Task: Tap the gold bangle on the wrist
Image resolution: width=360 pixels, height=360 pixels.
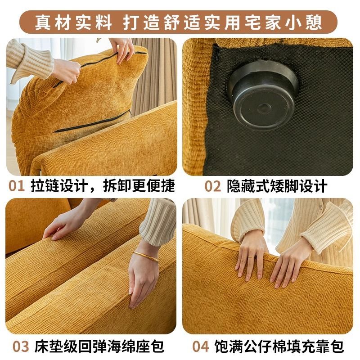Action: [x=146, y=256]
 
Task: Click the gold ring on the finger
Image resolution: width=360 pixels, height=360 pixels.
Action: [x=251, y=257]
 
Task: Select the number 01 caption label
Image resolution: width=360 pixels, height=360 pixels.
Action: [x=17, y=186]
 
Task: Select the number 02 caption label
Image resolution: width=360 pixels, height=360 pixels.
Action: [x=212, y=186]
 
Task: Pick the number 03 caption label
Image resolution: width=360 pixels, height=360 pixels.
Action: [x=21, y=346]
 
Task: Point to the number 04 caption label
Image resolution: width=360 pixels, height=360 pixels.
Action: [x=201, y=346]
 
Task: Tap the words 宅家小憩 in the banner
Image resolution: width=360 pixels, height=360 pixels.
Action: [x=283, y=22]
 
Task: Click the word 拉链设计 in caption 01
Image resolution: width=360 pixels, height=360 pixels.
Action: [x=59, y=186]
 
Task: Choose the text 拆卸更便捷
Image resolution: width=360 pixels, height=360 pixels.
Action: [x=139, y=186]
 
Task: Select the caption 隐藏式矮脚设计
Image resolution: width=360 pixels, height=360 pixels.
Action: [x=277, y=186]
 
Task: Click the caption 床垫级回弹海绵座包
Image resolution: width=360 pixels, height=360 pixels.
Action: [x=99, y=346]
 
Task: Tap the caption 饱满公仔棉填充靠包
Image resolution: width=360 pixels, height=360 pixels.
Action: [x=279, y=346]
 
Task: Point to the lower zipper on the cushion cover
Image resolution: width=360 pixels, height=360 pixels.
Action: [x=92, y=121]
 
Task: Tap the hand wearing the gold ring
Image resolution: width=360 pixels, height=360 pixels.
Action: [x=252, y=256]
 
